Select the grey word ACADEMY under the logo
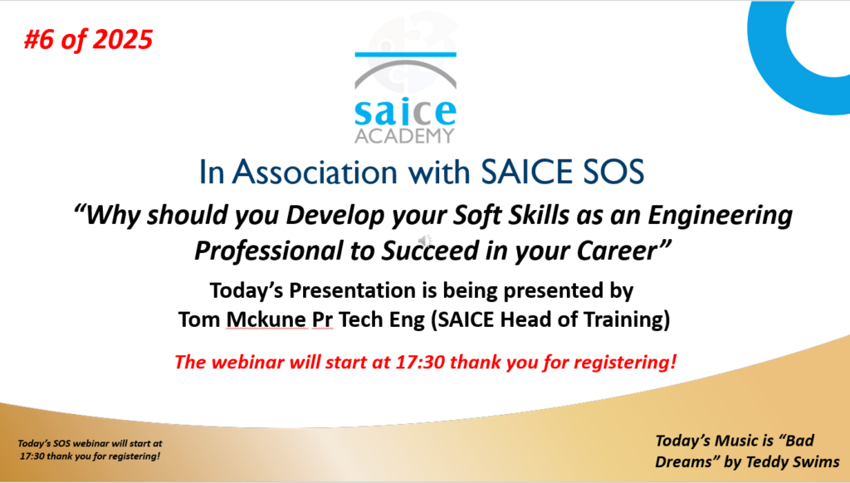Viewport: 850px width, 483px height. pyautogui.click(x=404, y=136)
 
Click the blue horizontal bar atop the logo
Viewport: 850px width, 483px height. pyautogui.click(x=405, y=54)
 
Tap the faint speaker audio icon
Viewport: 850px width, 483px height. pyautogui.click(x=425, y=241)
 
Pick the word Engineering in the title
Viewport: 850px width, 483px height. pyautogui.click(x=720, y=215)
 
